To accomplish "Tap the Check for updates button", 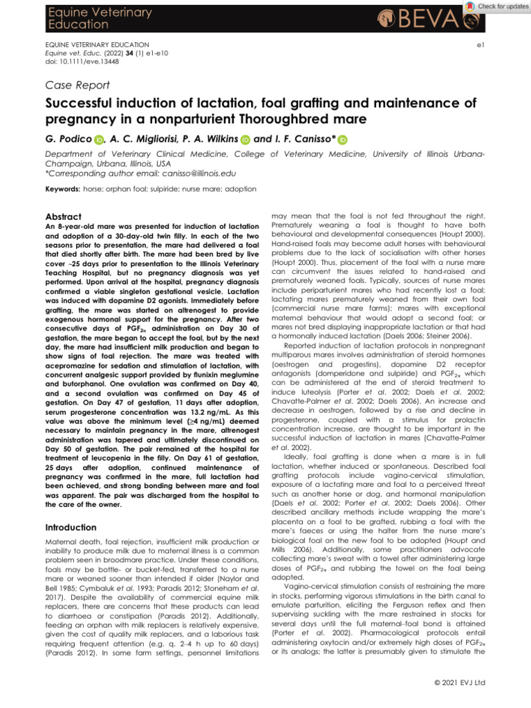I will click(x=496, y=6).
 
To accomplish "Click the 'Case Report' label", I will click(x=77, y=85).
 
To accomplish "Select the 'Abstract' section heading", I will click(x=63, y=216).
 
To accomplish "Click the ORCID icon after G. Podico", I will click(x=98, y=140).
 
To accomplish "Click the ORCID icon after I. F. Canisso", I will click(x=343, y=140).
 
